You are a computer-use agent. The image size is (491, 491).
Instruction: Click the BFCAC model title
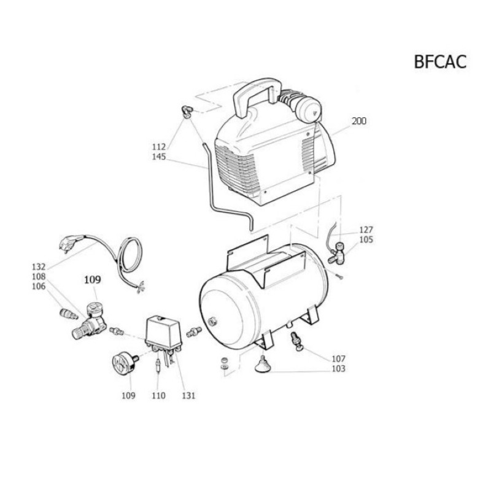440,62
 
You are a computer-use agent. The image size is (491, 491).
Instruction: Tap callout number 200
358,121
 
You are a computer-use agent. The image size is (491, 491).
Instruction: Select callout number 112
159,147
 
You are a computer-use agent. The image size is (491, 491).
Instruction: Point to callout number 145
159,157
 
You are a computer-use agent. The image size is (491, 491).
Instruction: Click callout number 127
366,230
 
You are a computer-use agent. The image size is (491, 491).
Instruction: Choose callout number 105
366,239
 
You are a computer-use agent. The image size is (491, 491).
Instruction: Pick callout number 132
39,267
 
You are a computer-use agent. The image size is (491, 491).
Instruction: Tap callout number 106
39,286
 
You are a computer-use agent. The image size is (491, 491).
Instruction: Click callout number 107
339,358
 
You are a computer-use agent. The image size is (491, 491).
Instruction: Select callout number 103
339,369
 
